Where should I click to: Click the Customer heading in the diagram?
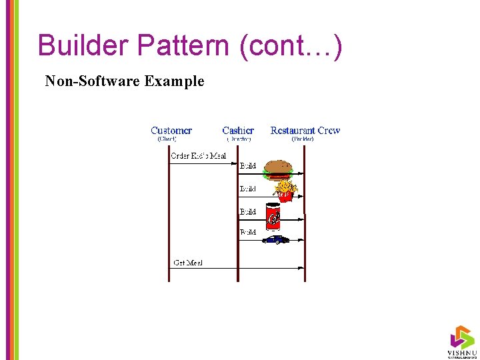point(171,131)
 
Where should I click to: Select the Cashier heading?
point(238,131)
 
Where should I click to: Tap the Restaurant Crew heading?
point(305,131)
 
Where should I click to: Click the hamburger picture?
point(278,171)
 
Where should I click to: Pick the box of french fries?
point(285,191)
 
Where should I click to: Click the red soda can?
point(273,215)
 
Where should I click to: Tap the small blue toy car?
point(275,239)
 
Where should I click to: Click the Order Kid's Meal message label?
point(198,156)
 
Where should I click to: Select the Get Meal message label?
point(187,263)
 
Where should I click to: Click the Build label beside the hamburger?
point(248,166)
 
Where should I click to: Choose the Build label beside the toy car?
point(248,233)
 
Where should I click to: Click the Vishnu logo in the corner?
point(461,341)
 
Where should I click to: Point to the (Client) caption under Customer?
point(167,139)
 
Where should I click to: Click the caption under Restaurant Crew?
point(303,139)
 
